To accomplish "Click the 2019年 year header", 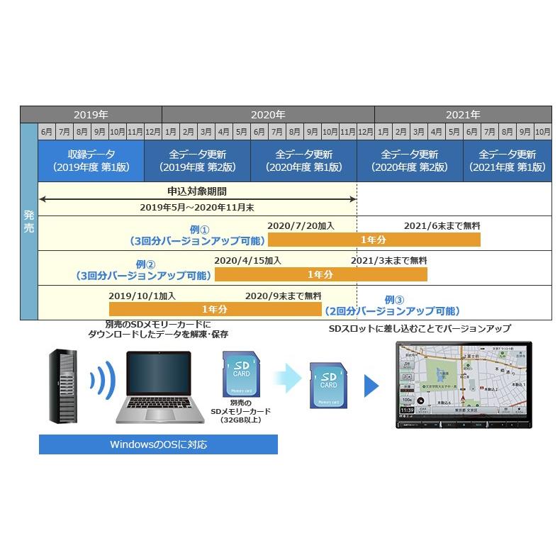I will pos(91,114).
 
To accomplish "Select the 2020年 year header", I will pos(268,114).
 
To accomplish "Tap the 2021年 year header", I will pos(463,114).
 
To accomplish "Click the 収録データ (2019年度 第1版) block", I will pos(91,161).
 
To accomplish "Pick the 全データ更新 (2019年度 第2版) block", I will pos(197,161).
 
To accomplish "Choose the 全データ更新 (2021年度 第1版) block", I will pos(508,161).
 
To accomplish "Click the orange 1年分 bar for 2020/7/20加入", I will pos(374,240).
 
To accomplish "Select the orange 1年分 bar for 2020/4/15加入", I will pos(320,274).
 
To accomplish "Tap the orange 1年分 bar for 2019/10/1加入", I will pos(214,309).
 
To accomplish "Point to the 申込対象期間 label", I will pos(197,191).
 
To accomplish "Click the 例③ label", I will pos(394,299).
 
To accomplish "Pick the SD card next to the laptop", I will pos(240,374).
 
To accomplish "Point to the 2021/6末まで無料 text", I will pos(442,225).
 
